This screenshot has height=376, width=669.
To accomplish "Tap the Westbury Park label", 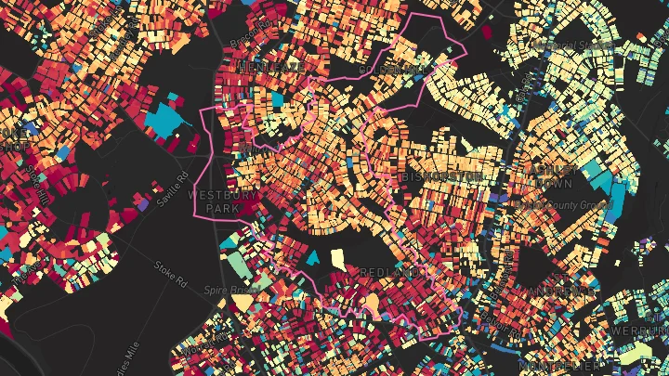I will coord(215,202).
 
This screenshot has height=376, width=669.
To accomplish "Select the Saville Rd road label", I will coord(174,189).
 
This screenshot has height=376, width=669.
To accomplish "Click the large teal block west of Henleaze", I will coord(166,119).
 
